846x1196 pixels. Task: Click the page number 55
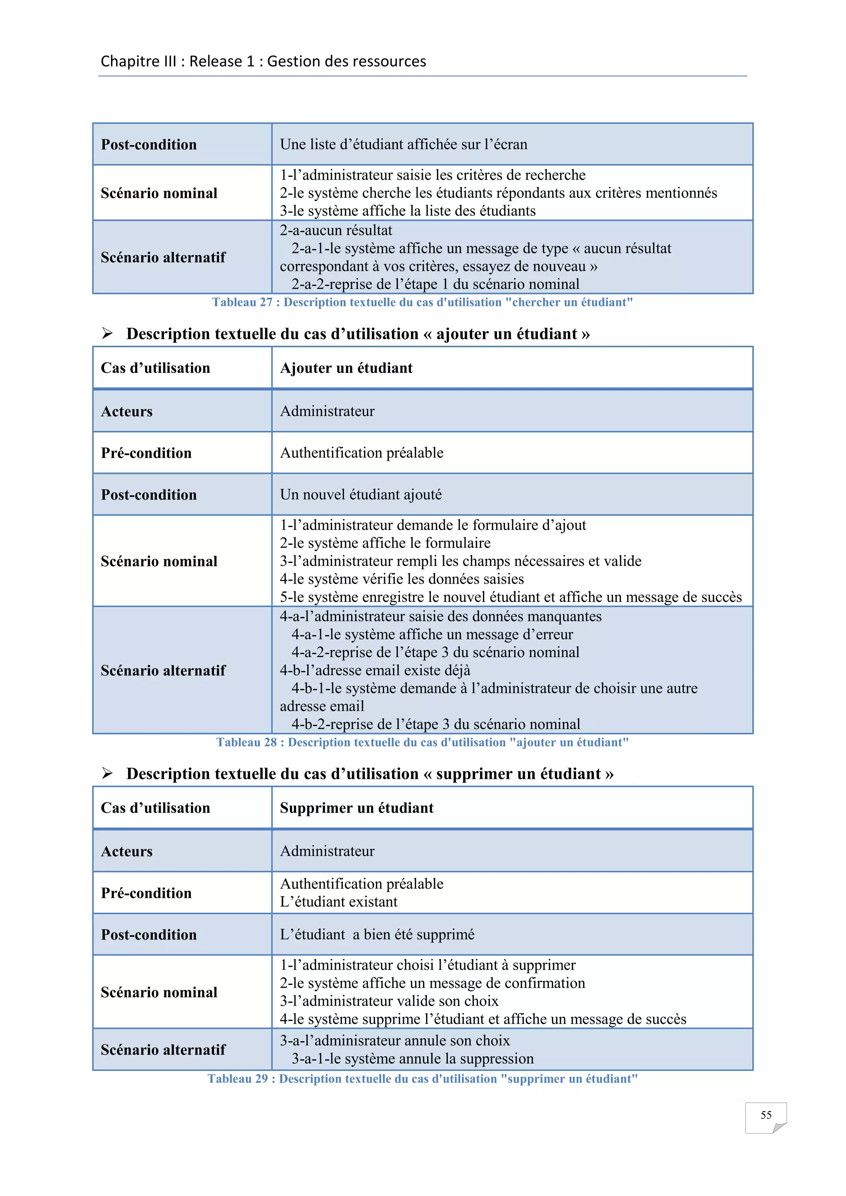tap(765, 1115)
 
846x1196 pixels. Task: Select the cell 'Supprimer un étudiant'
tap(356, 808)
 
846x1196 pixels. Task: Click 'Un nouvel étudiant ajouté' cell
tap(361, 494)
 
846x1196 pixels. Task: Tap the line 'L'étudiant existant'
tap(339, 902)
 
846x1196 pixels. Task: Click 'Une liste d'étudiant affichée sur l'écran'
tap(403, 144)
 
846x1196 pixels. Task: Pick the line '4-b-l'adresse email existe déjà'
tap(375, 670)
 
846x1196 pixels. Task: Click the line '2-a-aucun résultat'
tap(335, 230)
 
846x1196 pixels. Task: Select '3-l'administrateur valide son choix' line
tap(389, 1001)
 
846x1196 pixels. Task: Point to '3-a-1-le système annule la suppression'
tap(412, 1058)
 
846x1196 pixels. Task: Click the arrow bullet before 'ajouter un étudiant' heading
tap(107, 333)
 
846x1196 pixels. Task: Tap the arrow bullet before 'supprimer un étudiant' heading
tap(107, 773)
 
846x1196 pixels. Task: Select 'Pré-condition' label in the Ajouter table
tap(146, 453)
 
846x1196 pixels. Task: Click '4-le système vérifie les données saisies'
tap(402, 579)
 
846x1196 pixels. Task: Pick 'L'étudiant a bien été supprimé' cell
tap(377, 935)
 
